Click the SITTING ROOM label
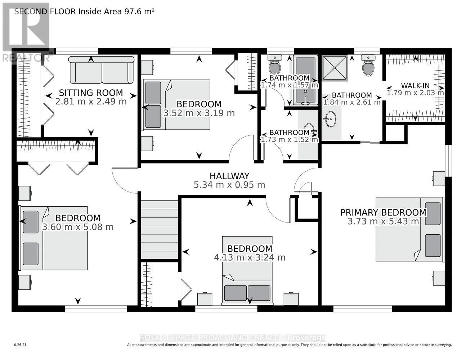[x=91, y=93]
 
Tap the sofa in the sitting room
[x=101, y=70]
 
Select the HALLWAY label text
[x=229, y=176]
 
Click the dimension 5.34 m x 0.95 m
[x=229, y=185]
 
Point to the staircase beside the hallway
[x=159, y=229]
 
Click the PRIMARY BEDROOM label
[x=383, y=212]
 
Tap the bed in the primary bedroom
[x=409, y=229]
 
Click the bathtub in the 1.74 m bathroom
[x=305, y=80]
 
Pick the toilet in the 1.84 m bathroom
[x=368, y=66]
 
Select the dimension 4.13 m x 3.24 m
[x=250, y=257]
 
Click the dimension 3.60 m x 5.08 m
[x=78, y=227]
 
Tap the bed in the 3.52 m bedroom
[x=176, y=104]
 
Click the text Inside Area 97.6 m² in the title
[x=116, y=12]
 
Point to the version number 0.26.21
[x=21, y=345]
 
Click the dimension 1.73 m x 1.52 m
[x=289, y=139]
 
